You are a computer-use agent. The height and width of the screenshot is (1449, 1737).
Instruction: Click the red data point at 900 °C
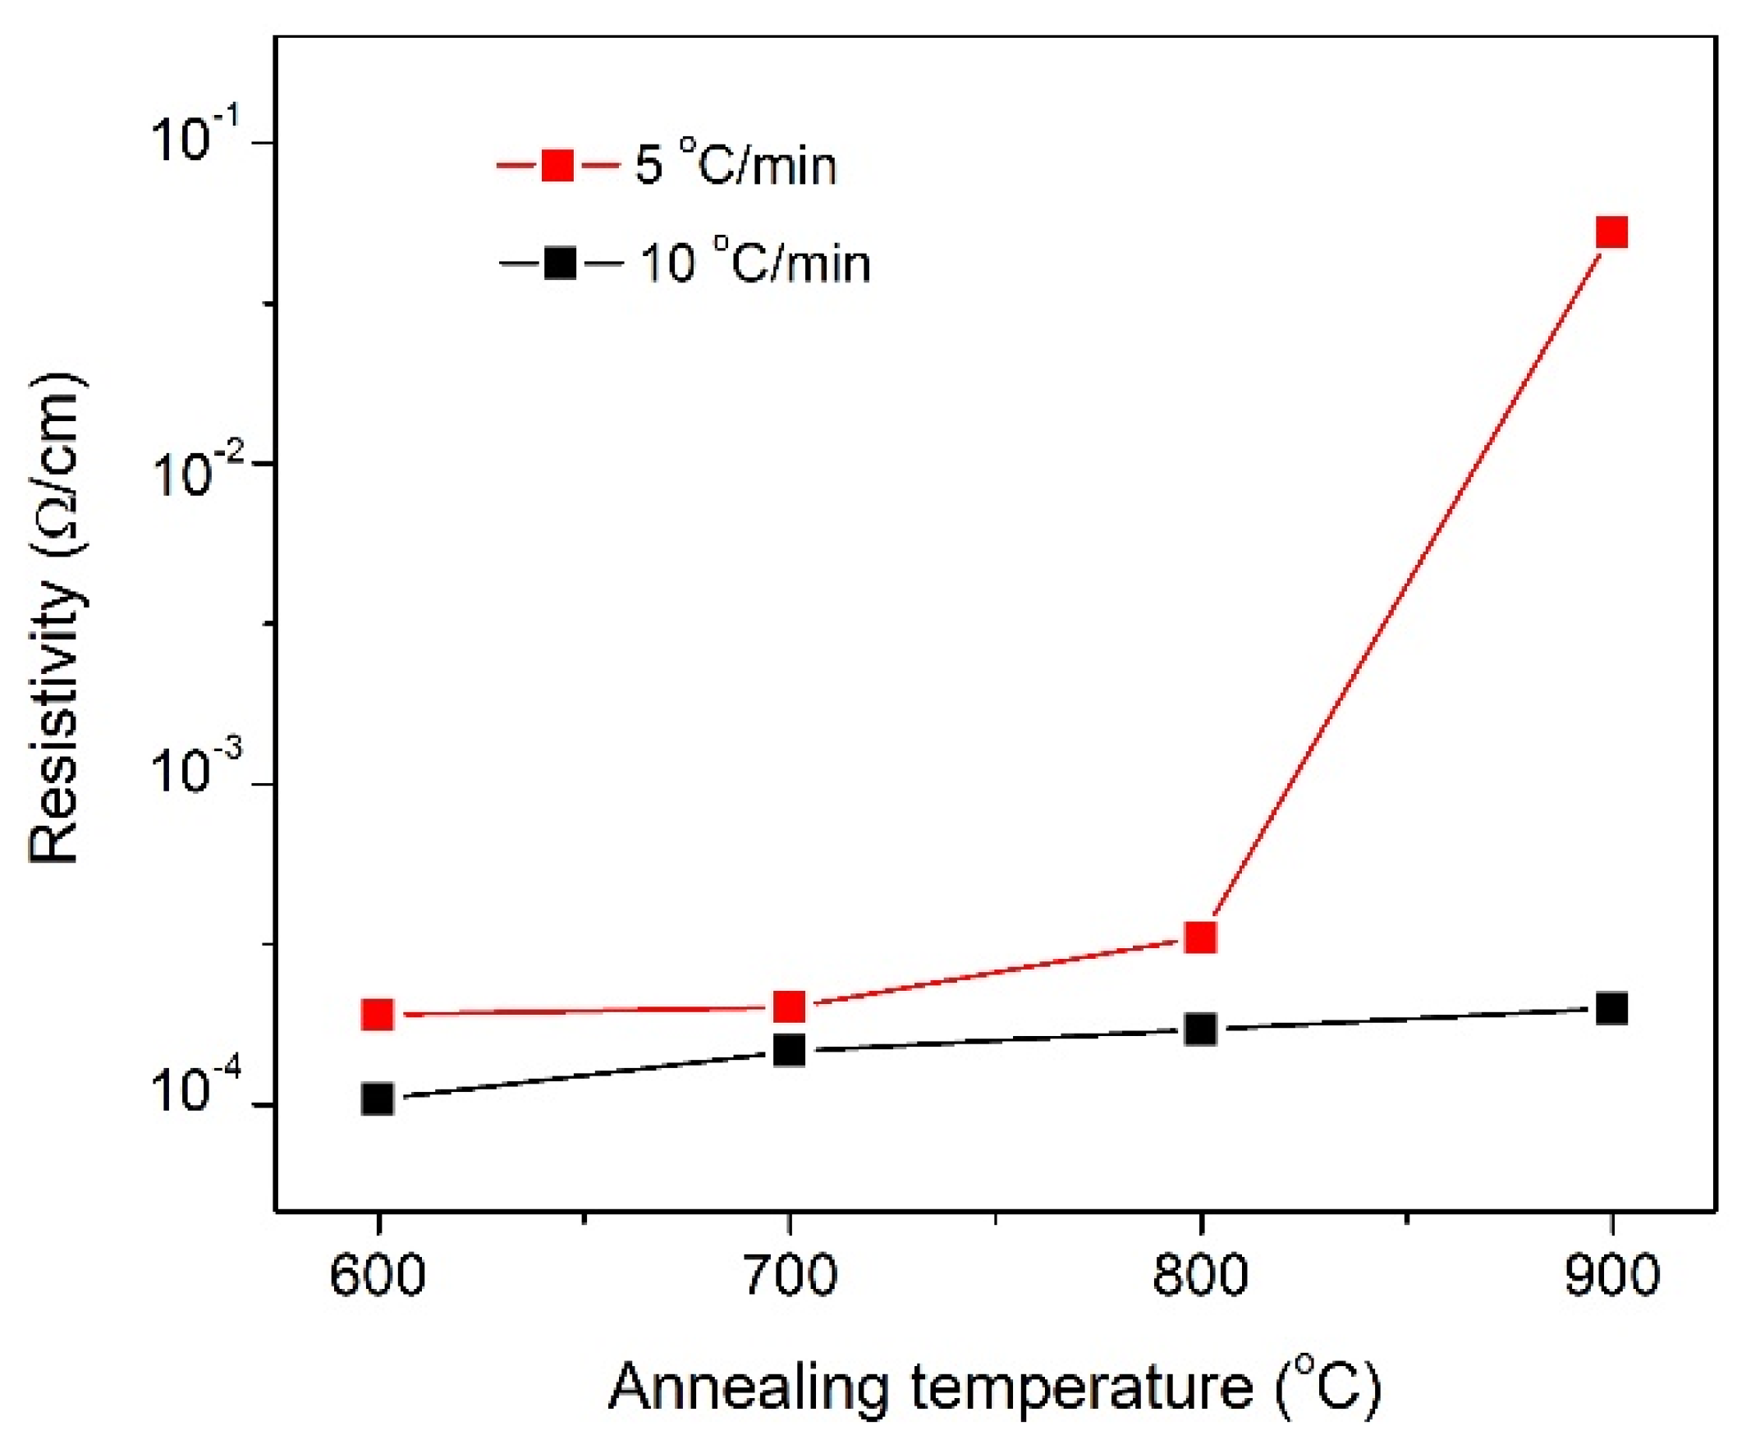click(1611, 232)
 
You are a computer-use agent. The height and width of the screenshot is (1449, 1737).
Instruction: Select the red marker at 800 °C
click(1200, 937)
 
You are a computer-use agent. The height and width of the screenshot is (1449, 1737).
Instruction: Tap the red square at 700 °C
click(789, 1007)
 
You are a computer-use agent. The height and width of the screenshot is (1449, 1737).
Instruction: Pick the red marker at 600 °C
click(378, 1014)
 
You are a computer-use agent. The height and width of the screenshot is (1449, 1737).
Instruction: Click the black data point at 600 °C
click(378, 1099)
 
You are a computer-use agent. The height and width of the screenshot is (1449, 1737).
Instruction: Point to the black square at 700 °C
click(789, 1050)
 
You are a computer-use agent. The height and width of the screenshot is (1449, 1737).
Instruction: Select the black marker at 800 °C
click(1200, 1029)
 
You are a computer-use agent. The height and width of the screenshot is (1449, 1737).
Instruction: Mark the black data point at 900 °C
click(1611, 1009)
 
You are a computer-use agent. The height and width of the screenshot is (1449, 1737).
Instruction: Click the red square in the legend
click(557, 165)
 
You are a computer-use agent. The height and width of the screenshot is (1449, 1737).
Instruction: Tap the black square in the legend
click(561, 264)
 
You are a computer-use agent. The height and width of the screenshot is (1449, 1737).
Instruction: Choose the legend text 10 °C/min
click(755, 263)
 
